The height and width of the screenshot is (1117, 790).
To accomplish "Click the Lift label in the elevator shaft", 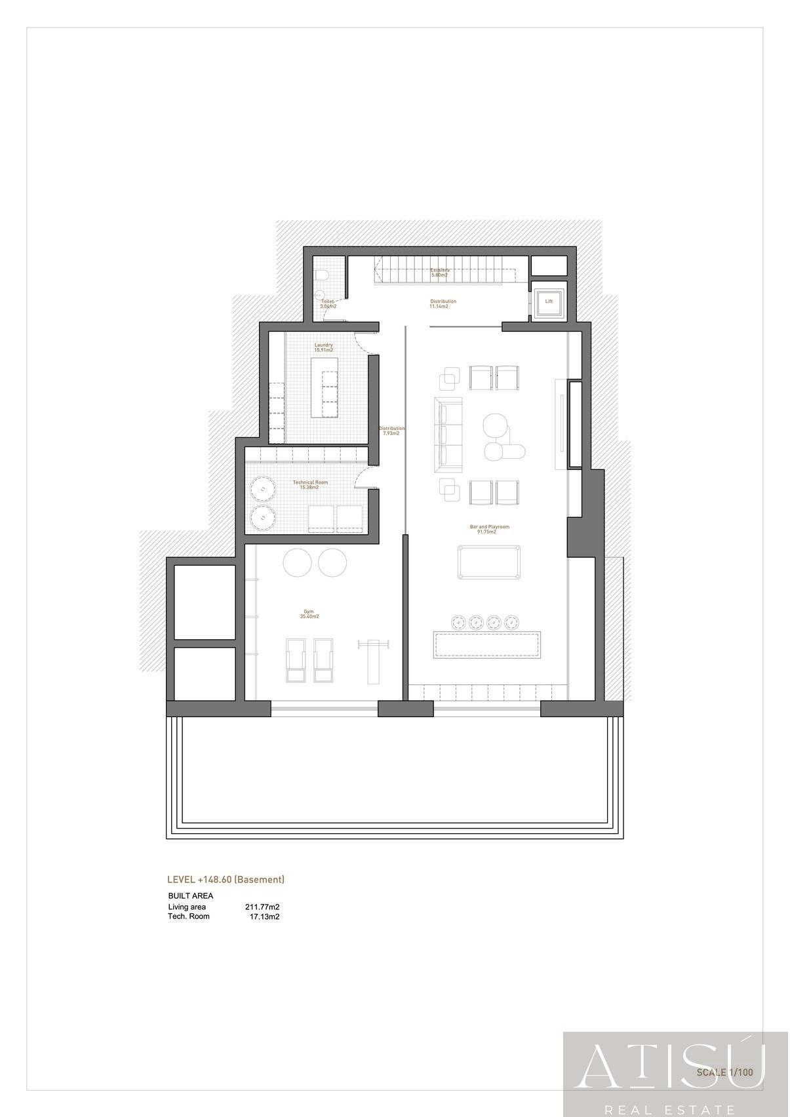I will (x=549, y=302).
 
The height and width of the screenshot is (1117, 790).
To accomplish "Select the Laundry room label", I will (x=323, y=347).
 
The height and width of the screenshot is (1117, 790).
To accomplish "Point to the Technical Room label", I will (x=310, y=484).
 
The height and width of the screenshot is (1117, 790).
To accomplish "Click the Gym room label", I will (x=309, y=614).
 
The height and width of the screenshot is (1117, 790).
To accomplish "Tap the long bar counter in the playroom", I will (x=488, y=644).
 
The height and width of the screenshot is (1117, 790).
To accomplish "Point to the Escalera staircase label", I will (x=439, y=272).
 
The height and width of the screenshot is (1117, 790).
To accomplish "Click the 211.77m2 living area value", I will (x=262, y=907).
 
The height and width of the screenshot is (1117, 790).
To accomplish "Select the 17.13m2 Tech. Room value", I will (x=264, y=916).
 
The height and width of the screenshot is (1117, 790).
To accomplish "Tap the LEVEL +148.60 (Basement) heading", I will (x=226, y=880).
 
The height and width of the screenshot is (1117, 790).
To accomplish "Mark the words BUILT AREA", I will (x=191, y=896).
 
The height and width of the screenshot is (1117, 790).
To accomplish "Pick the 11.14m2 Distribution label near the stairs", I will (x=443, y=304).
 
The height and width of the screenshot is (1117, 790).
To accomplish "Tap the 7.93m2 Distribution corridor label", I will (x=391, y=431).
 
